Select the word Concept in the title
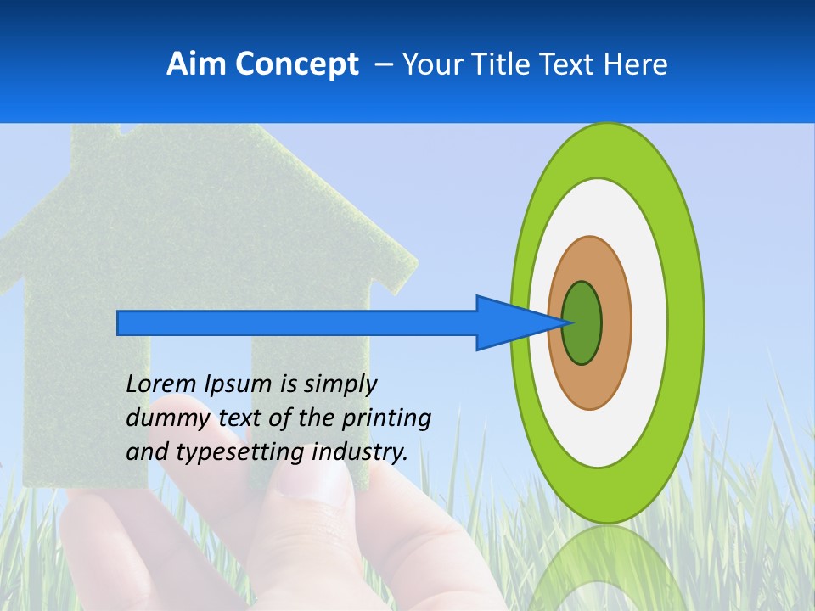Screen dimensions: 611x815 [x=295, y=64]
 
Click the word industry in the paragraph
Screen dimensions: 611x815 [x=359, y=451]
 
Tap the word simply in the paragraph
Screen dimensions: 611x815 [x=340, y=385]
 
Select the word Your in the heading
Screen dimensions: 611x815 [x=430, y=64]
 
